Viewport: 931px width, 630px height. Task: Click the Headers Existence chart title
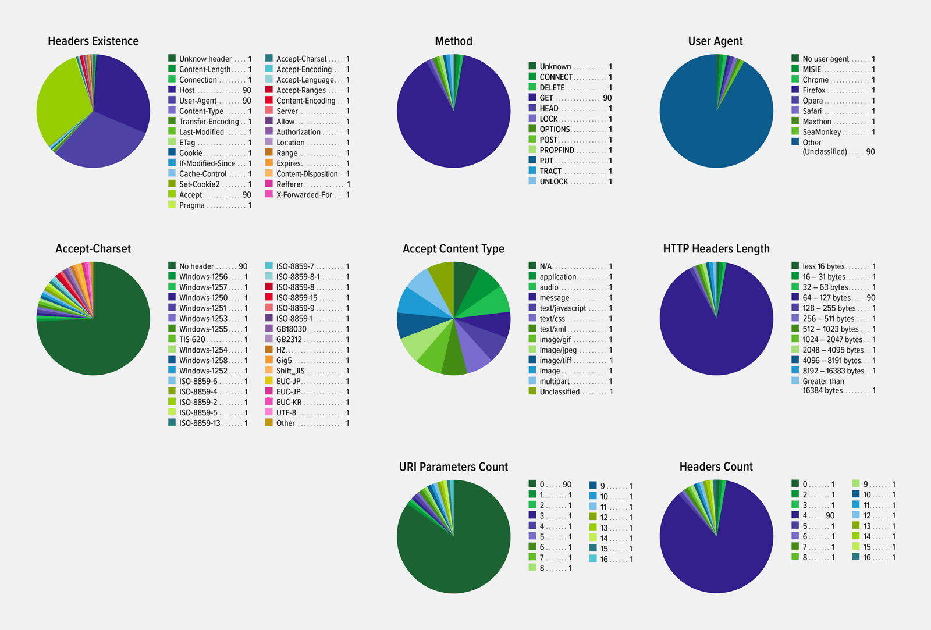point(93,41)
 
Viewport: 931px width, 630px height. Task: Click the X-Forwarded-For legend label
point(304,195)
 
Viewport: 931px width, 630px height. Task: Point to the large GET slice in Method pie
point(454,128)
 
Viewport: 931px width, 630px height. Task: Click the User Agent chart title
point(715,41)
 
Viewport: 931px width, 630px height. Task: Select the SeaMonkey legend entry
point(822,132)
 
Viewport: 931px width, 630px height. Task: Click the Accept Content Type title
point(453,249)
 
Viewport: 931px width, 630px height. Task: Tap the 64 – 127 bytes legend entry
point(826,298)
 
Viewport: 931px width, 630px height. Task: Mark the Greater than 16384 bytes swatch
point(795,380)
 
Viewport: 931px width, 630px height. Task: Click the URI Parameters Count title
point(453,467)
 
